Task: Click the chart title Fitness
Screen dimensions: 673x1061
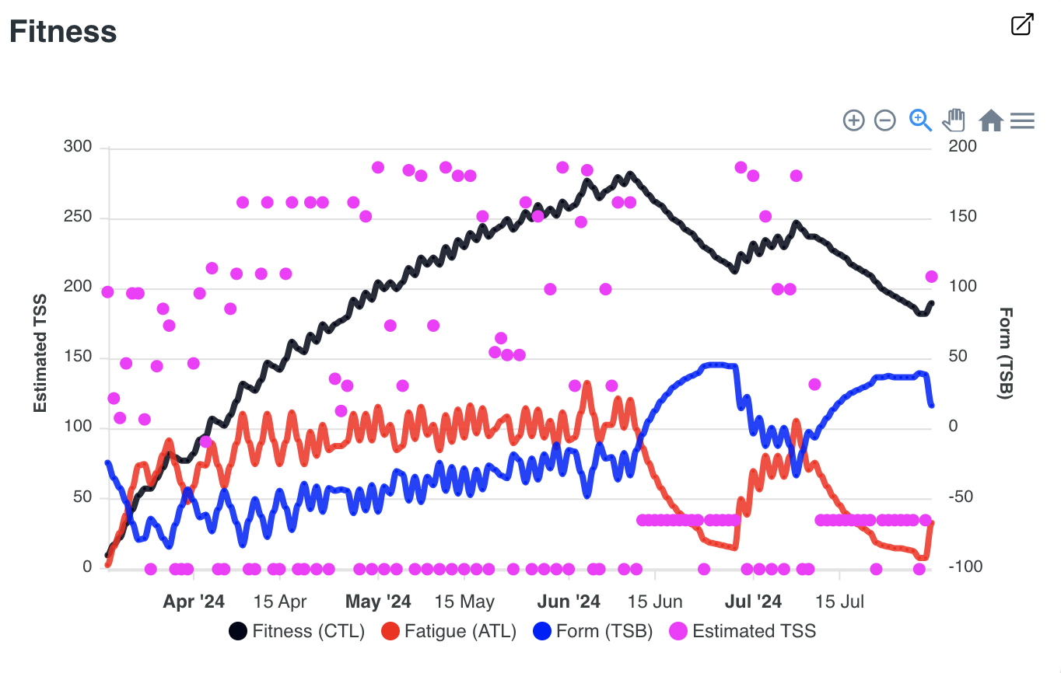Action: pos(63,32)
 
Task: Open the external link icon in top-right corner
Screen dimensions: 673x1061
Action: pos(1022,24)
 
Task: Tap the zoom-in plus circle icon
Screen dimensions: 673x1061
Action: pos(853,120)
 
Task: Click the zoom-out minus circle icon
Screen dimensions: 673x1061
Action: pos(885,120)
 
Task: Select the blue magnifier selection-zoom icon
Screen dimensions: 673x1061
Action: pos(920,120)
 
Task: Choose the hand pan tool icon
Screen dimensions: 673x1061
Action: pos(954,120)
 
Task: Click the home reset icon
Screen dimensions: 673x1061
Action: pos(990,120)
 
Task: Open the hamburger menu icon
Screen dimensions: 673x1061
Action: pos(1022,120)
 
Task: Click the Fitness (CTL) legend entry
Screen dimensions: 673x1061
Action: pos(297,631)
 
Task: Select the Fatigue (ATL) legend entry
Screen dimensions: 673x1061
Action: pos(449,631)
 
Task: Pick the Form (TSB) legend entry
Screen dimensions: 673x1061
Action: pos(593,631)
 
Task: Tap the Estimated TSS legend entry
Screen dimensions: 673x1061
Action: pos(743,631)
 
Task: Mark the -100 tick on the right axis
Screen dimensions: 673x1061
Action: pos(965,567)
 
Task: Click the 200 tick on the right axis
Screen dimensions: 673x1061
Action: pos(963,147)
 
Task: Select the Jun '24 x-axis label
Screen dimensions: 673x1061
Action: pos(569,602)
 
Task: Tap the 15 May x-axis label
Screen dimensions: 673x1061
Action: pos(464,602)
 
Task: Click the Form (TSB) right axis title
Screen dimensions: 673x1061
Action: pos(1005,354)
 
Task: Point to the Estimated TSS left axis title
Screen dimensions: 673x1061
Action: pos(40,354)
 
